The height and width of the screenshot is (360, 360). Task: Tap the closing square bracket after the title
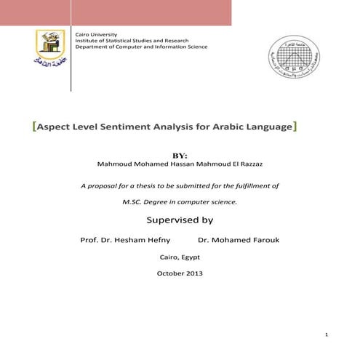click(294, 127)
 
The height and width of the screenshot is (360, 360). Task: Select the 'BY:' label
click(179, 155)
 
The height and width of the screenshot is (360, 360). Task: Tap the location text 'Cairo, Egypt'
click(180, 257)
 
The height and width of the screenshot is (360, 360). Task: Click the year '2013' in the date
click(193, 273)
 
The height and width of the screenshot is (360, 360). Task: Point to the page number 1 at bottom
click(329, 335)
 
